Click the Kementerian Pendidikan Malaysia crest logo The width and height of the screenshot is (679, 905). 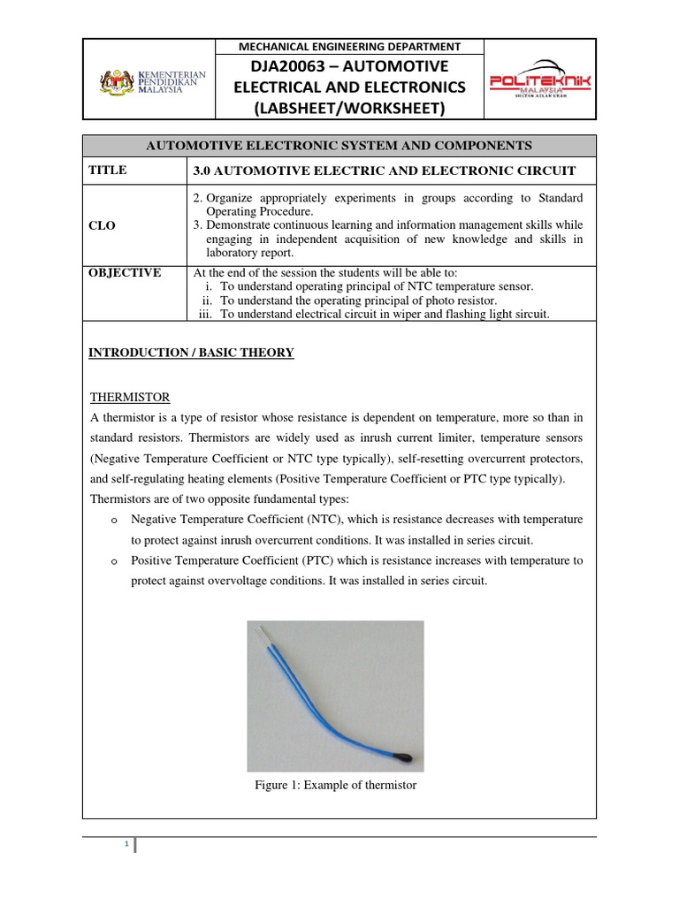click(x=115, y=83)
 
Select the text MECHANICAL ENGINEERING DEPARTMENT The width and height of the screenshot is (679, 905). click(x=351, y=46)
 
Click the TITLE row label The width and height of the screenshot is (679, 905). click(x=108, y=171)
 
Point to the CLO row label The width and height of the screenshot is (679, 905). click(x=103, y=225)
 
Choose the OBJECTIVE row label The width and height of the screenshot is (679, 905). click(x=125, y=273)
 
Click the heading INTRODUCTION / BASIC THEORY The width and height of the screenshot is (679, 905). click(x=191, y=353)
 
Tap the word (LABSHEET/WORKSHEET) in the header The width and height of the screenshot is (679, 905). click(x=351, y=108)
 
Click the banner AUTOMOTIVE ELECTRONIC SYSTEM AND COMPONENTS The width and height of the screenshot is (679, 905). click(x=339, y=146)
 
